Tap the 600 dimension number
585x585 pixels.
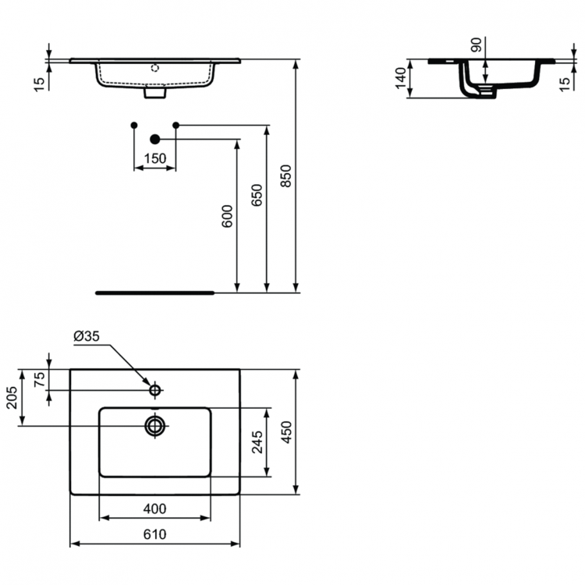tap(227, 216)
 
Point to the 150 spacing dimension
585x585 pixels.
tap(154, 158)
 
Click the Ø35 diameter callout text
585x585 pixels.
tap(86, 337)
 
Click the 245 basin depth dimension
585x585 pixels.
tap(257, 441)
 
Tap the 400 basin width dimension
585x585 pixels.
tap(154, 509)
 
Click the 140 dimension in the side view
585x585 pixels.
tap(401, 79)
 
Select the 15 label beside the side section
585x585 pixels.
tap(565, 82)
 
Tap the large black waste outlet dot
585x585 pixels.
tap(154, 139)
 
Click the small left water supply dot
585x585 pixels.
tap(134, 125)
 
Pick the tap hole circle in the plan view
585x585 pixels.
tap(154, 388)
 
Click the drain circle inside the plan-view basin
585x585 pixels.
tap(154, 425)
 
